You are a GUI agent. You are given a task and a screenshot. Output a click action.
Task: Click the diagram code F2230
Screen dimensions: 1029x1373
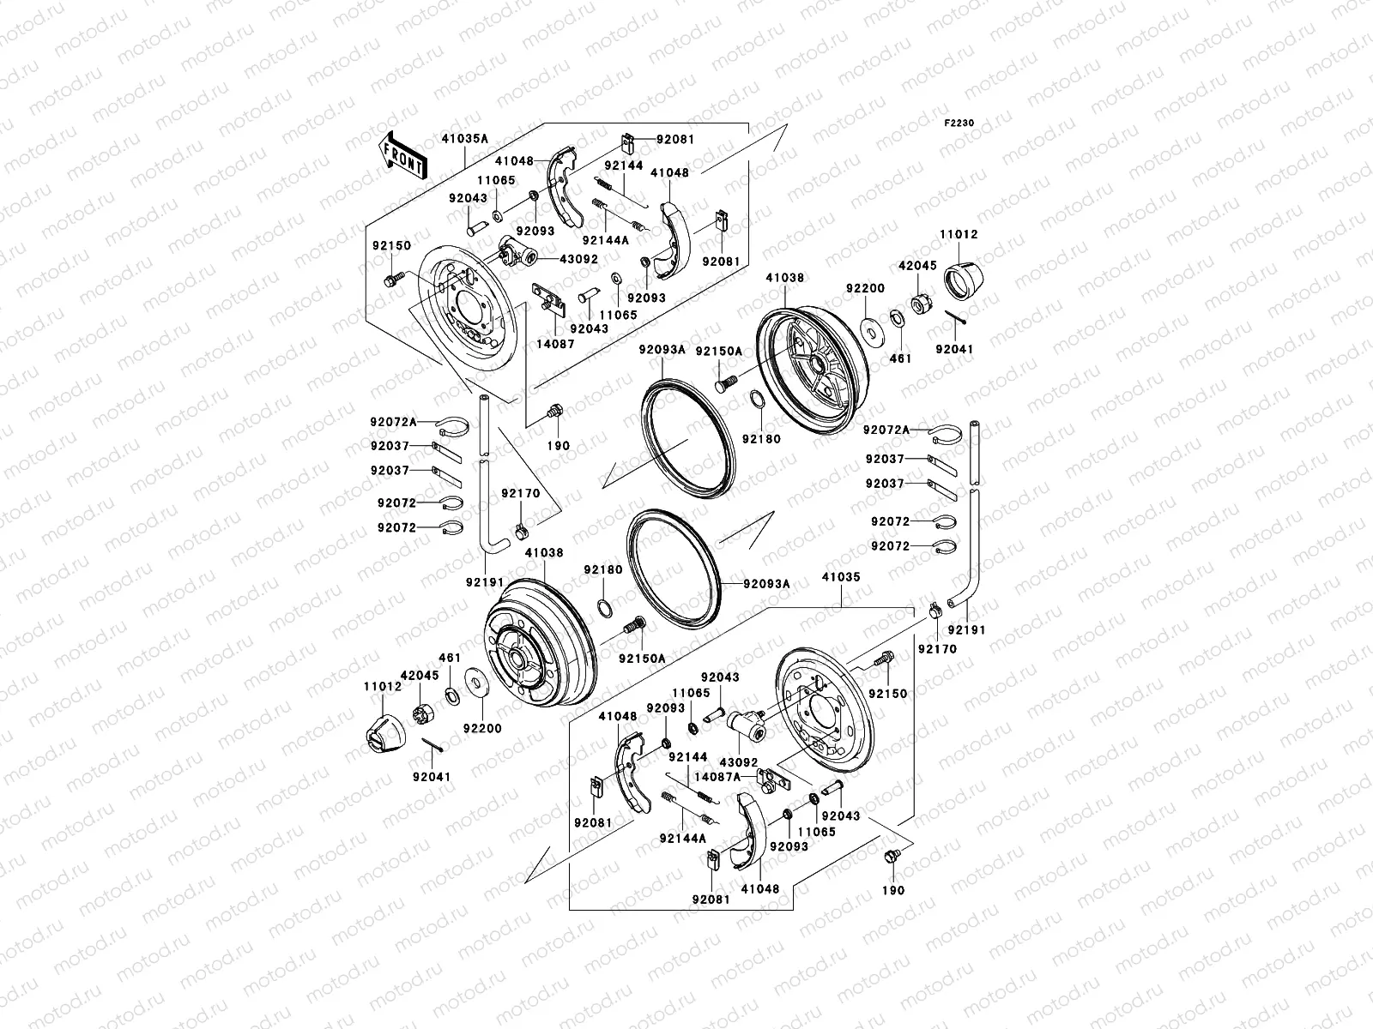[960, 123]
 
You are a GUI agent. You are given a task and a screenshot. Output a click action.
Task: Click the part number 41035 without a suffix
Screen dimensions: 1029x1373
[841, 578]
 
